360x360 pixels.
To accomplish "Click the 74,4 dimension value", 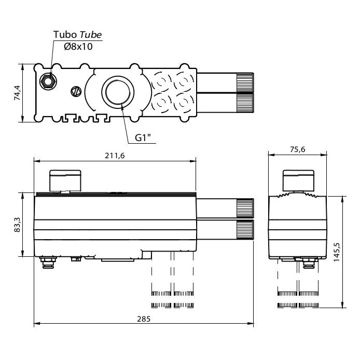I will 17,93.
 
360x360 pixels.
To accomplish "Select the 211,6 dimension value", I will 115,155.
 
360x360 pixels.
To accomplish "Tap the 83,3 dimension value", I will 17,225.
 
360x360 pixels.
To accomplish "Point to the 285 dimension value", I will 144,319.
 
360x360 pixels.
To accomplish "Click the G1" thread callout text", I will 143,138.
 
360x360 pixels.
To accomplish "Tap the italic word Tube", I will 91,35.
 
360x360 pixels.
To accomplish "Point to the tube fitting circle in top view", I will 49,81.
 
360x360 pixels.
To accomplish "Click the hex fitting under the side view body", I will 308,264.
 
